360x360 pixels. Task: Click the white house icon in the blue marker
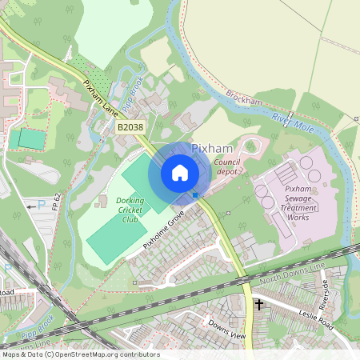180,173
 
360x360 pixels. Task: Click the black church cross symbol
258,305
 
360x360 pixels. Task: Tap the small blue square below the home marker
195,194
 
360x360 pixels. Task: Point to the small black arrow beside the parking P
30,206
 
